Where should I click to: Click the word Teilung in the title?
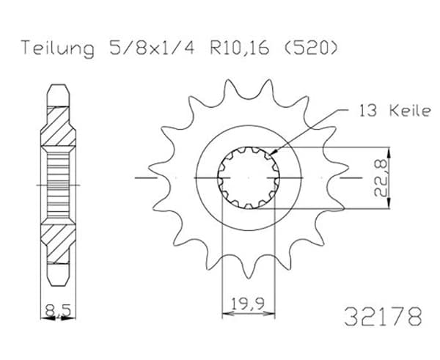[57, 48]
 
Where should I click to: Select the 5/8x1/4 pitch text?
[152, 48]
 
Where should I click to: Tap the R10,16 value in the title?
[240, 48]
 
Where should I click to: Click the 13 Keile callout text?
[395, 111]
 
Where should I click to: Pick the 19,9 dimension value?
[248, 304]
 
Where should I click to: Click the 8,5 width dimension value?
[58, 310]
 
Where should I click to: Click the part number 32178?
[383, 316]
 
